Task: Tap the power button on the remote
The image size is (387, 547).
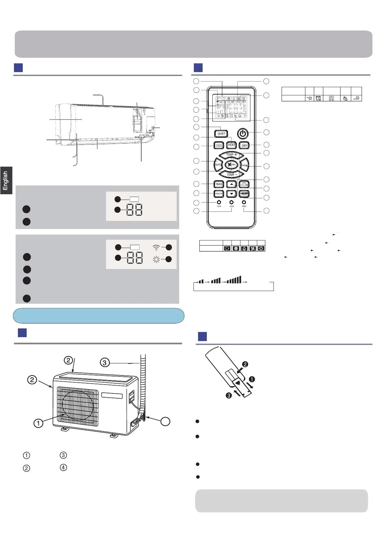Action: tap(243, 133)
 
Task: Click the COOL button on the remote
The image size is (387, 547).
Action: tap(219, 145)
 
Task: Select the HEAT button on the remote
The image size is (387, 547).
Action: tap(232, 145)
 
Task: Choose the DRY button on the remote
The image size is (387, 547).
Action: tap(244, 146)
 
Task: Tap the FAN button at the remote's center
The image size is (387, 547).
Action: tap(232, 165)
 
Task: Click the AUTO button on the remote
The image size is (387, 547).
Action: tap(218, 165)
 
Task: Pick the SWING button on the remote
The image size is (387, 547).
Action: tap(245, 165)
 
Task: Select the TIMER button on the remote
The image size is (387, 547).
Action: tap(219, 184)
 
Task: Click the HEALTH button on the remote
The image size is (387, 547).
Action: tap(219, 194)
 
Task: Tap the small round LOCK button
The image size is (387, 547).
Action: tap(219, 203)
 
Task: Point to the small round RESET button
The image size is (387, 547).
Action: tap(244, 202)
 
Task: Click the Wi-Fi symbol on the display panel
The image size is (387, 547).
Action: tap(156, 248)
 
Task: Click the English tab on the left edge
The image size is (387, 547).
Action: tap(6, 181)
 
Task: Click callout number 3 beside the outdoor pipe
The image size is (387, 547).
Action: tap(104, 363)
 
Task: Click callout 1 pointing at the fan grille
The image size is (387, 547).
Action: tap(38, 423)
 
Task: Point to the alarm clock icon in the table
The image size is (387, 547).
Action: tap(318, 98)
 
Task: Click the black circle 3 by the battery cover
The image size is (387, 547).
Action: tap(229, 396)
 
